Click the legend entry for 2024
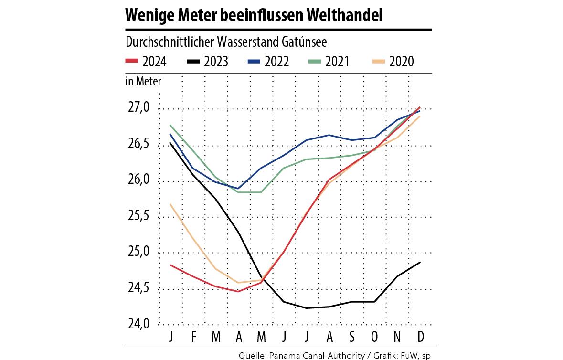pos(146,61)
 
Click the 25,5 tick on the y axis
pos(138,217)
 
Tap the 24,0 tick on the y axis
pos(138,325)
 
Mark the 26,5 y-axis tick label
pos(138,144)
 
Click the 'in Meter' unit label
pos(143,81)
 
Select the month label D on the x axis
pos(420,337)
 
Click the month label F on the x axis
pos(193,337)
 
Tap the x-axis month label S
pos(352,337)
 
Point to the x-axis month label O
pos(374,337)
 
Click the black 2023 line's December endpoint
pos(420,262)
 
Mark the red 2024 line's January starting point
pos(170,265)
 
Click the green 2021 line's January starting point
pos(170,125)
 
